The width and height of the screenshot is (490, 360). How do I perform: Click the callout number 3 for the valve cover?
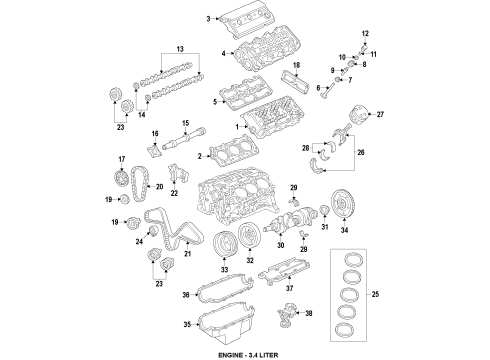pyautogui.click(x=209, y=18)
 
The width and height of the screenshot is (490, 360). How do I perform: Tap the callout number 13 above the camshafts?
pyautogui.click(x=181, y=49)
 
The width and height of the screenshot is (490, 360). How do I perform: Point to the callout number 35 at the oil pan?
pyautogui.click(x=187, y=325)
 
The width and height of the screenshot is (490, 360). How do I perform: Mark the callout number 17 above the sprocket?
pyautogui.click(x=122, y=159)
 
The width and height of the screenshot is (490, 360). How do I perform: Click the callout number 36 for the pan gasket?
pyautogui.click(x=187, y=293)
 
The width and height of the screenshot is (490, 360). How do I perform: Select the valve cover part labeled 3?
pyautogui.click(x=255, y=19)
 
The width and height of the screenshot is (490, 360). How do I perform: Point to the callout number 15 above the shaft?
pyautogui.click(x=185, y=122)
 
